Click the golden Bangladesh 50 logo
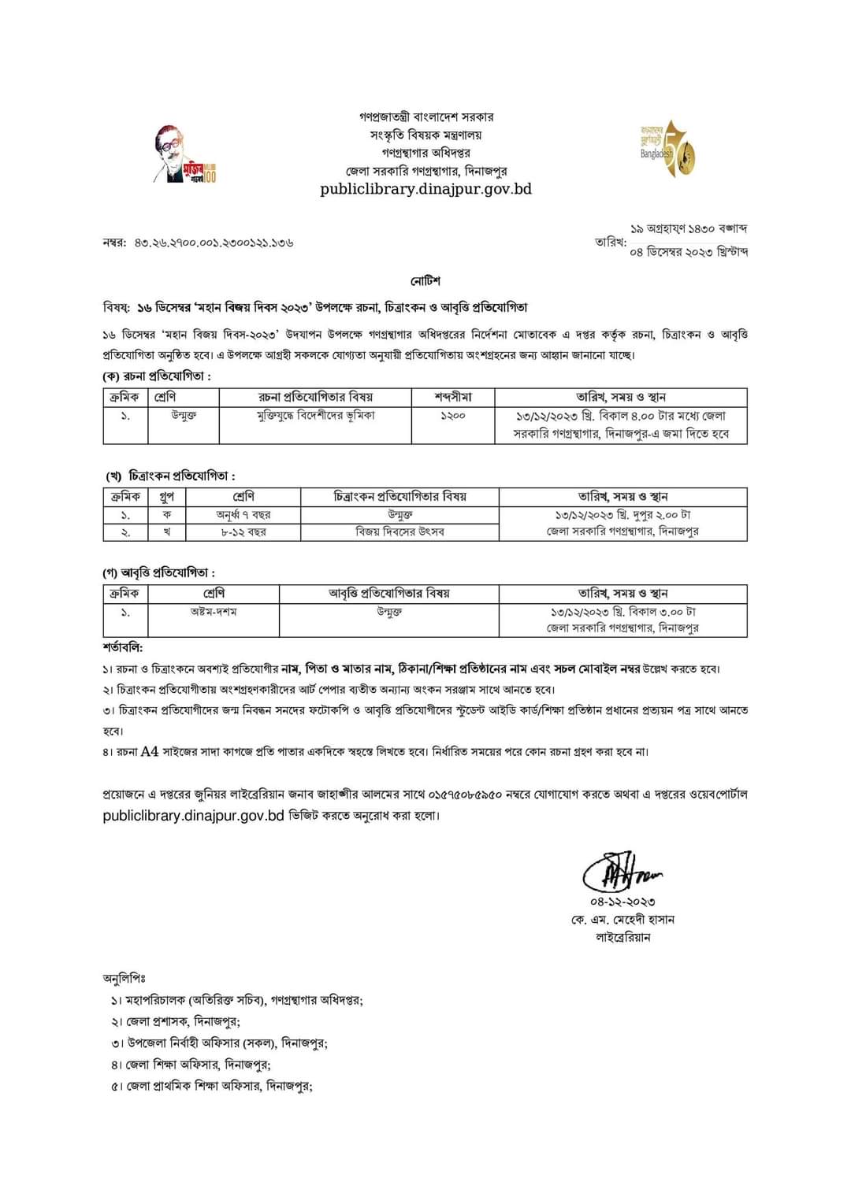click(667, 149)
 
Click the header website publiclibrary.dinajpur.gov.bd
click(425, 189)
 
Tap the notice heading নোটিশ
click(425, 281)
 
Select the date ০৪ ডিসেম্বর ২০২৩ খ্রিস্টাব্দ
click(689, 252)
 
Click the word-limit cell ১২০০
click(453, 415)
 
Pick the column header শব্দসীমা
click(453, 397)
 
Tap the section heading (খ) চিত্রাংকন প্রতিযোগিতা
click(171, 476)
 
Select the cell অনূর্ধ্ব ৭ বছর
click(243, 514)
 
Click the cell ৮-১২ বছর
click(243, 532)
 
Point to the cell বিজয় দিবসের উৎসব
click(399, 532)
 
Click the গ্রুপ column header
click(167, 497)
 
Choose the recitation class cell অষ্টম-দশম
click(214, 611)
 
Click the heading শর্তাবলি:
click(122, 647)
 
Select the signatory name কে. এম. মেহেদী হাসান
click(622, 920)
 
